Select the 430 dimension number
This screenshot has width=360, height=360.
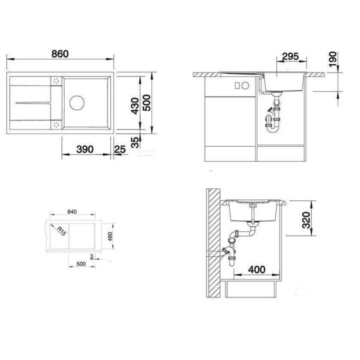tap(134, 105)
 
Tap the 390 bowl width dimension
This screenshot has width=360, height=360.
tap(85, 149)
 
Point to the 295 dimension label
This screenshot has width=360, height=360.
tap(290, 56)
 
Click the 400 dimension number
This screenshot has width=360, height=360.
tap(256, 270)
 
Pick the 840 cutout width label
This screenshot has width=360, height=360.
tap(71, 212)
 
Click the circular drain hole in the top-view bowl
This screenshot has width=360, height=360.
tap(77, 102)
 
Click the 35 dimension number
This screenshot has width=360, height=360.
tap(134, 142)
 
